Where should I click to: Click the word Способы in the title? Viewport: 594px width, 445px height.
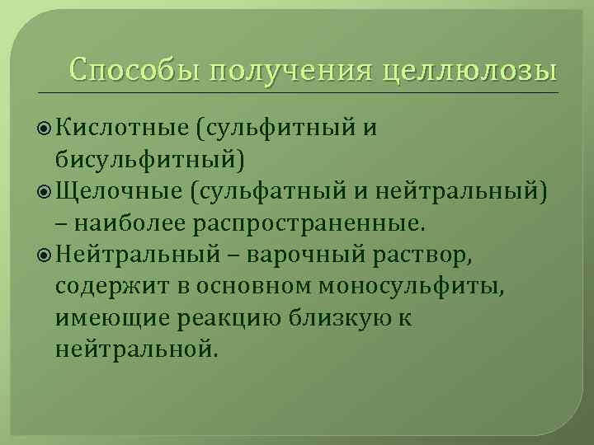pyautogui.click(x=134, y=68)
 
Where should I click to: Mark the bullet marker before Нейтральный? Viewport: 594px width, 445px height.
pyautogui.click(x=47, y=255)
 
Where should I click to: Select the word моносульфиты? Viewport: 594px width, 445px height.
pyautogui.click(x=393, y=286)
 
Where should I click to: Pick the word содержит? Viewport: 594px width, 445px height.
pyautogui.click(x=108, y=286)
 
